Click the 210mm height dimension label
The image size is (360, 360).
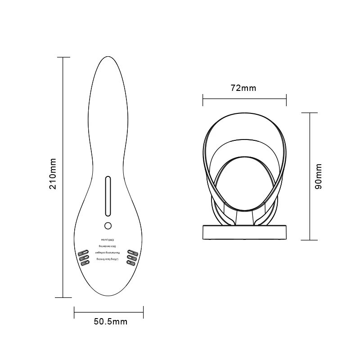53,173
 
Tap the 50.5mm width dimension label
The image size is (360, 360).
111,321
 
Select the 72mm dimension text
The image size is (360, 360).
243,88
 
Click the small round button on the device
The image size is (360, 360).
108,225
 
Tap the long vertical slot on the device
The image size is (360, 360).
108,196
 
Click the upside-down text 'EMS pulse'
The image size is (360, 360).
108,240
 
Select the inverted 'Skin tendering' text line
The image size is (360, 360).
108,247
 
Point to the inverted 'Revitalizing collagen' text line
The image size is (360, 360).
108,254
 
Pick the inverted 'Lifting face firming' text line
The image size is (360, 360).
108,261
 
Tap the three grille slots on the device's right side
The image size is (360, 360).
132,256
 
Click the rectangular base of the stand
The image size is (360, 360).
244,233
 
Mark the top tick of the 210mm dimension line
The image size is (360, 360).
63,58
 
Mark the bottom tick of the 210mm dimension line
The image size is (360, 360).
63,297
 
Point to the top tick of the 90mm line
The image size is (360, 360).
310,112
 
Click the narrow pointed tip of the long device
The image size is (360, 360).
108,59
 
